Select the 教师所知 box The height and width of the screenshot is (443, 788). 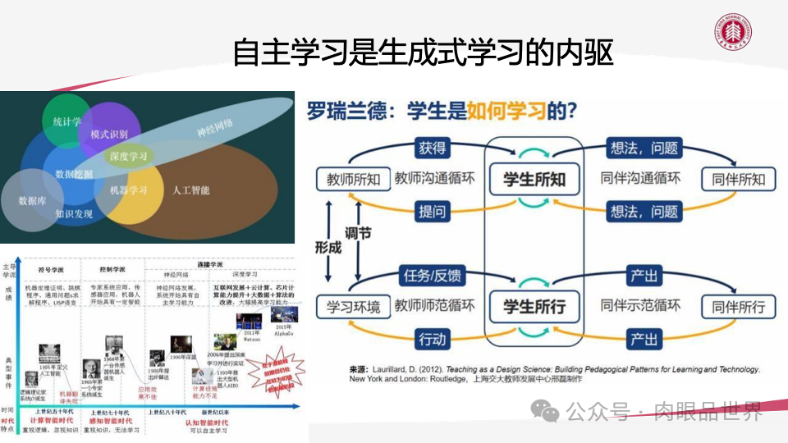coord(354,179)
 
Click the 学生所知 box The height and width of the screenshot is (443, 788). coord(534,179)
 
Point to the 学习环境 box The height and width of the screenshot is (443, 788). coord(354,307)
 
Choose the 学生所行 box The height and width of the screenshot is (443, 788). coord(534,307)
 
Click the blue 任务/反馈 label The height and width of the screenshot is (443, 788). coord(433,276)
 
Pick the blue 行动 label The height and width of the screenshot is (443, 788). coord(433,339)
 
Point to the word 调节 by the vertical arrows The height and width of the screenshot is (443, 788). coord(358,234)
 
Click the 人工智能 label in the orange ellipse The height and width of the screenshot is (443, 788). coord(190,190)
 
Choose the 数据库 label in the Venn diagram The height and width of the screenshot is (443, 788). coord(32,200)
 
